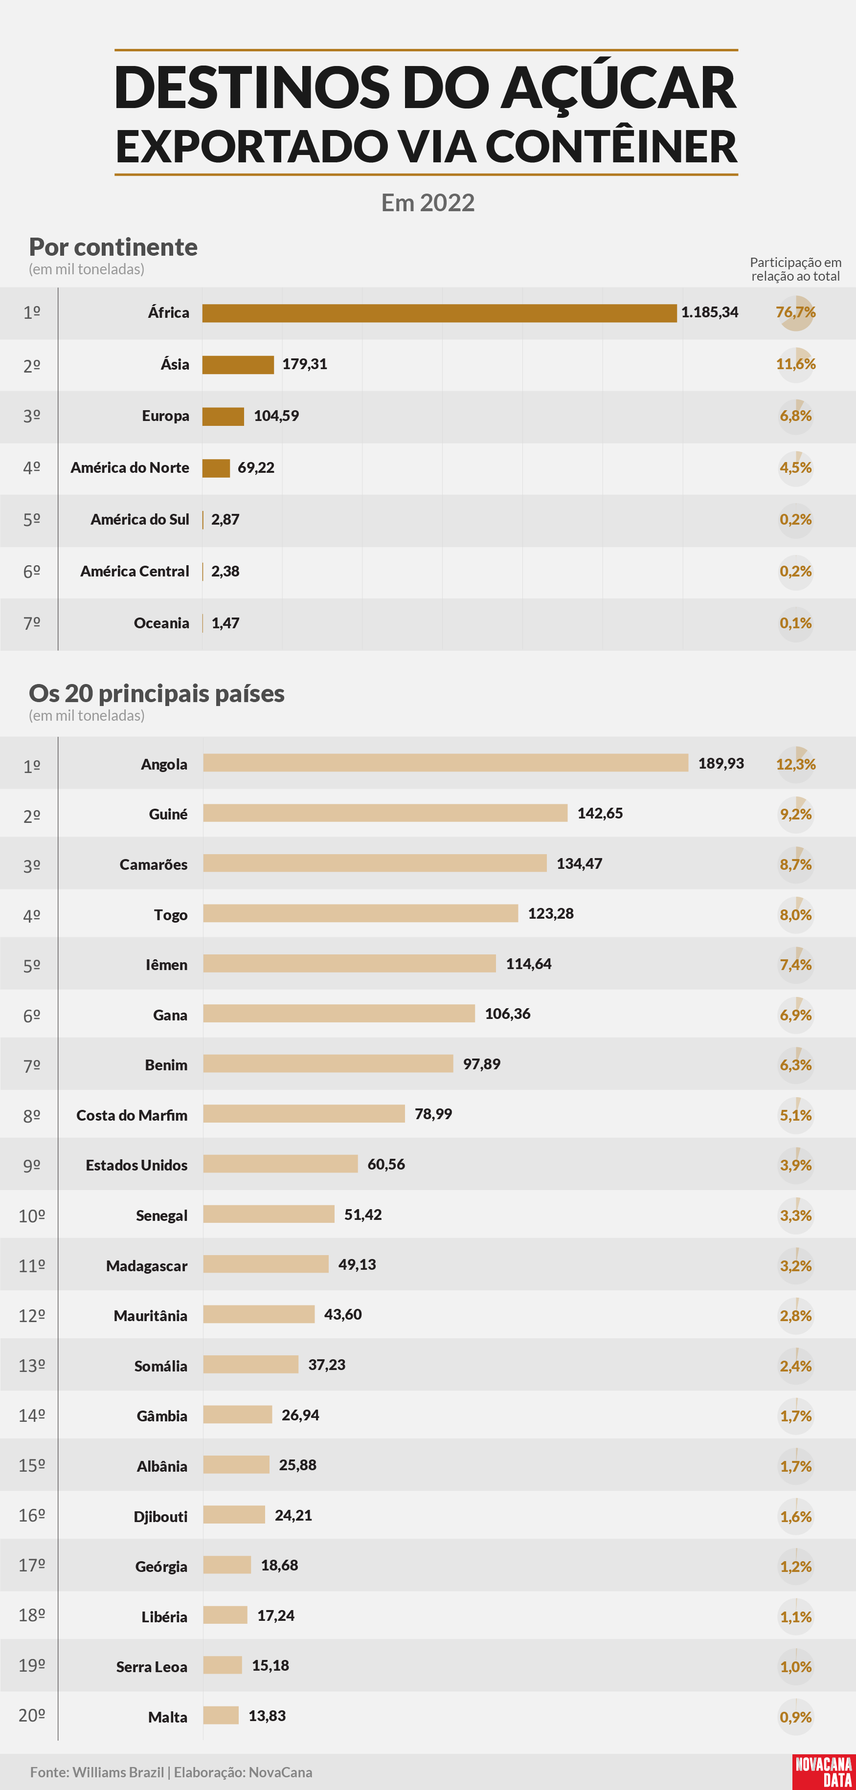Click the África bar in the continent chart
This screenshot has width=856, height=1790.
[x=439, y=313]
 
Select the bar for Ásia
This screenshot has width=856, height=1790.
[x=238, y=365]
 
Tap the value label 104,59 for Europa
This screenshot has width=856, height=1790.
[x=276, y=416]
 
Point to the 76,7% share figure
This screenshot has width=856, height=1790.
[x=795, y=312]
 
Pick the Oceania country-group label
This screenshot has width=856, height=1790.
[x=161, y=623]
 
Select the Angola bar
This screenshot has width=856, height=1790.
[x=446, y=763]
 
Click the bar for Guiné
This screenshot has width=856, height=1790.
[x=385, y=813]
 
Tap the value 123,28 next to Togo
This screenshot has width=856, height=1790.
[x=551, y=913]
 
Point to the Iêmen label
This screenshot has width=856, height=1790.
[x=166, y=965]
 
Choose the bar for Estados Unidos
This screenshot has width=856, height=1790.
[x=280, y=1164]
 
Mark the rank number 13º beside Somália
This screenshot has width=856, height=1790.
[x=31, y=1366]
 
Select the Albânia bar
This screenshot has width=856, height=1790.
[x=236, y=1465]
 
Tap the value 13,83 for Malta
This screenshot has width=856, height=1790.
[x=267, y=1716]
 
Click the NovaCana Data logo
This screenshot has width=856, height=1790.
[x=824, y=1771]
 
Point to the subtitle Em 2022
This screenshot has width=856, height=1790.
[x=428, y=202]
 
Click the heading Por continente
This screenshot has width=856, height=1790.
[x=113, y=247]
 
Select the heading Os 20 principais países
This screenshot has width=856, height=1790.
[x=157, y=693]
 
